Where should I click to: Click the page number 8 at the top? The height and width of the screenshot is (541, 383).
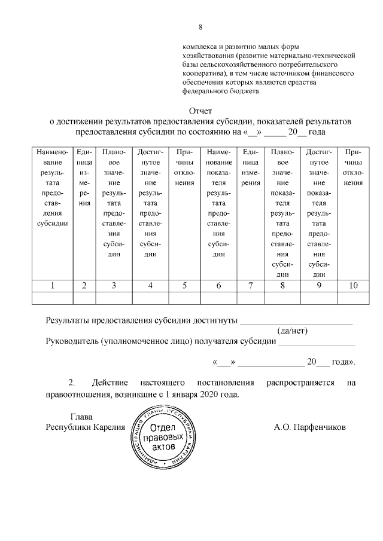[x=201, y=27]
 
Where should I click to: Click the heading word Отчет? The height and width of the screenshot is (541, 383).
[x=200, y=111]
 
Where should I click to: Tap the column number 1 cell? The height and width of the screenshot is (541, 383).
[x=53, y=286]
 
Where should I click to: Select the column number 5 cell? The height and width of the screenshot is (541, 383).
[x=184, y=286]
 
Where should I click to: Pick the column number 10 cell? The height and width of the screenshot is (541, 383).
[x=353, y=286]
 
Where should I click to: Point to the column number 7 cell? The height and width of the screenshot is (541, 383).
[x=250, y=286]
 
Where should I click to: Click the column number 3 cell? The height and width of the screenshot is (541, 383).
[x=114, y=286]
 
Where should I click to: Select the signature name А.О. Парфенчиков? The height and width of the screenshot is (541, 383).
[x=309, y=427]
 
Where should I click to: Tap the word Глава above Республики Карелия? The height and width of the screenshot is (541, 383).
[x=82, y=417]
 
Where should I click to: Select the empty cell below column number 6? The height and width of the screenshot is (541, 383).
[x=218, y=298]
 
